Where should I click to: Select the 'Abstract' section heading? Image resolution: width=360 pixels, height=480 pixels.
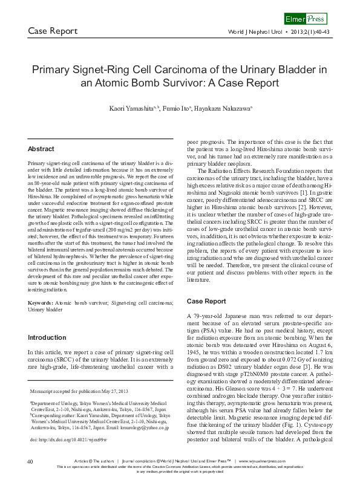click(41, 149)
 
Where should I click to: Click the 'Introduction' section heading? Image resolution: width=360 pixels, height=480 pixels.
click(48, 337)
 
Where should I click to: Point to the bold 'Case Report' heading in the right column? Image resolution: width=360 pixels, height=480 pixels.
click(206, 300)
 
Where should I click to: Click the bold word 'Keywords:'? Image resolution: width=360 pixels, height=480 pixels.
click(42, 300)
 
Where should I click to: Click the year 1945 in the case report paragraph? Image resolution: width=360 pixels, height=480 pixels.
click(194, 352)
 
